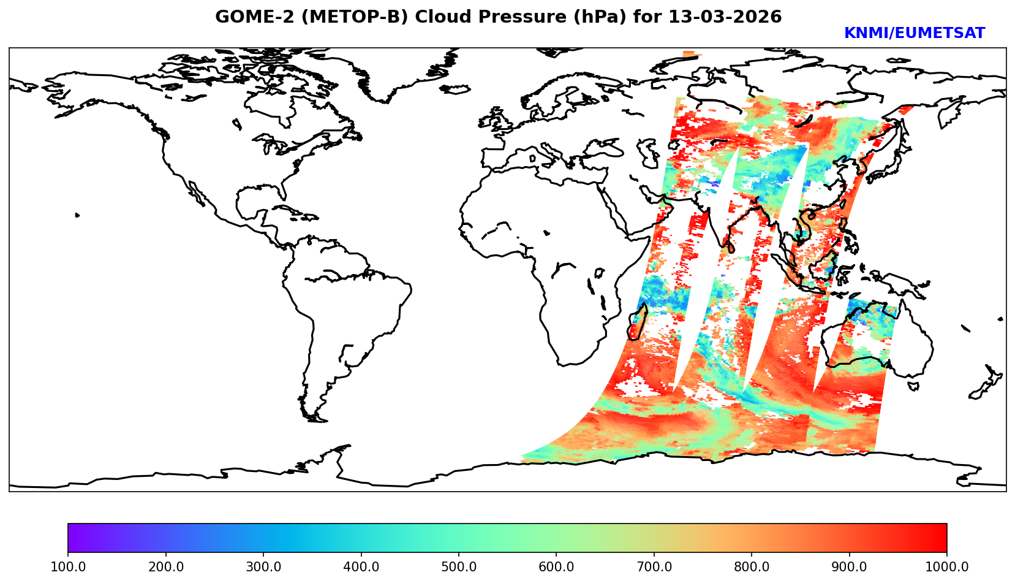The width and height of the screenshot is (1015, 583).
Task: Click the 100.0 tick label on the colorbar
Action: tap(68, 566)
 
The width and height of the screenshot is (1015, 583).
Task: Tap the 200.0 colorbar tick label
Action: tap(165, 566)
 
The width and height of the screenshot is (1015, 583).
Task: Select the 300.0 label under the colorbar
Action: tap(263, 566)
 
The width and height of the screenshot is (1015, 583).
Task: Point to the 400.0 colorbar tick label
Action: tap(361, 566)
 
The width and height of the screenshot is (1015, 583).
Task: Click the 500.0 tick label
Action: tap(459, 566)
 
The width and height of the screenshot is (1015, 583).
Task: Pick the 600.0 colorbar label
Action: tap(556, 566)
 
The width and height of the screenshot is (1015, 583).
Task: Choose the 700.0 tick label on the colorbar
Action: tap(654, 566)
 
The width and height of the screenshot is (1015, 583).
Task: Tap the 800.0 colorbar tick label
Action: tap(752, 566)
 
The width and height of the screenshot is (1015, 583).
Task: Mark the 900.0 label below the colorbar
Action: tap(850, 566)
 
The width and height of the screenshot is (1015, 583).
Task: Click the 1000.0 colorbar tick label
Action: tap(947, 566)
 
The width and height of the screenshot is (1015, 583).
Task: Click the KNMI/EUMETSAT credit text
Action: tap(914, 34)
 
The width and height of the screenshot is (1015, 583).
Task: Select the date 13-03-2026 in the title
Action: tap(725, 17)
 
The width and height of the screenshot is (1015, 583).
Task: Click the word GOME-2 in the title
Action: tap(243, 17)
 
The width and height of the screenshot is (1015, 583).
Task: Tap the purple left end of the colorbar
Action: tap(71, 538)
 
